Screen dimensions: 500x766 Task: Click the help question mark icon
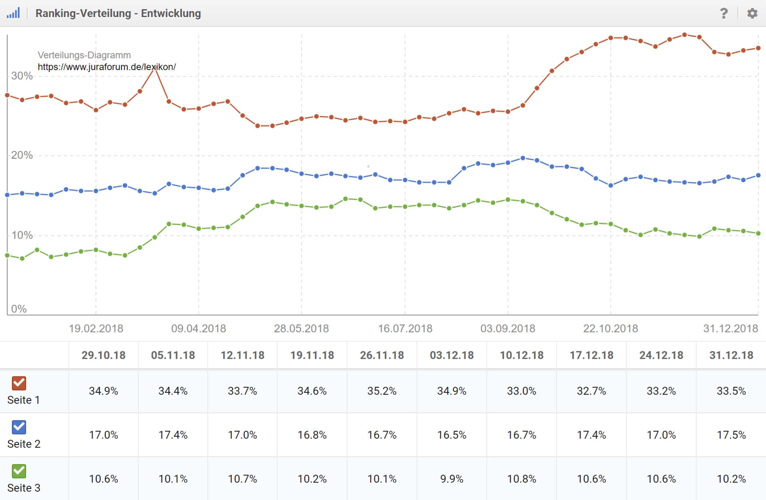(723, 14)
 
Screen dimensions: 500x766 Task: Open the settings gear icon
(752, 14)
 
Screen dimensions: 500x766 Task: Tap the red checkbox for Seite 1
(19, 383)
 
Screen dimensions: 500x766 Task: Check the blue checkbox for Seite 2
(19, 427)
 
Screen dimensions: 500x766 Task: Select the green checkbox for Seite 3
(19, 471)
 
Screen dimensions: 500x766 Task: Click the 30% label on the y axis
(22, 76)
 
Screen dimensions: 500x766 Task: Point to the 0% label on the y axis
(19, 309)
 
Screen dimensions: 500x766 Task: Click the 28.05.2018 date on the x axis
(301, 329)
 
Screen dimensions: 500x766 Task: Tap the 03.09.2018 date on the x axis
(507, 329)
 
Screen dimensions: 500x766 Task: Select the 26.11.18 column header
(382, 355)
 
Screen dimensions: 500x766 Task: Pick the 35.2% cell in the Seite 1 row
(382, 391)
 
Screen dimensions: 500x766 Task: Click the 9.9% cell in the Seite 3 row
(452, 479)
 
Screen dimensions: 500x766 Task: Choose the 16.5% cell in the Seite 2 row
(452, 435)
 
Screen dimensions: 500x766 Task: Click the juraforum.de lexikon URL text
(106, 67)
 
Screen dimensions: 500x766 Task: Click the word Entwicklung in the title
(171, 14)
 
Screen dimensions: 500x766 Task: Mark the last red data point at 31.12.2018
(758, 48)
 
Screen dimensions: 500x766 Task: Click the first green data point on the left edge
(7, 255)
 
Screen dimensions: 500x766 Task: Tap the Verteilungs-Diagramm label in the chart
(84, 55)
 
